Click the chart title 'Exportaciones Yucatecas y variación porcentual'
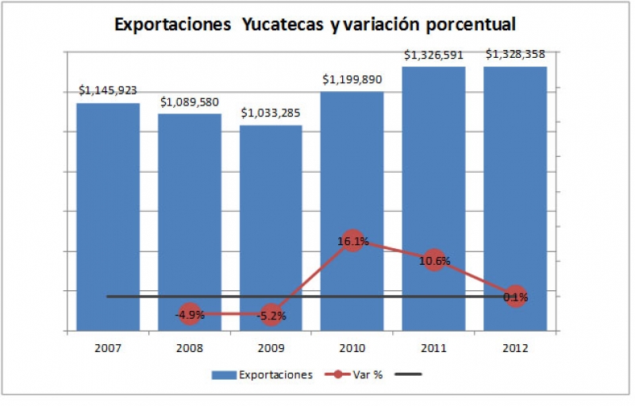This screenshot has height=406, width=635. (x=315, y=25)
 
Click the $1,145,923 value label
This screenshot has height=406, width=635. (x=108, y=91)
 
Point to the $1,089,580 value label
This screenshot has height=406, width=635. (x=190, y=102)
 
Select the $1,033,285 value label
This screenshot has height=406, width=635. (x=271, y=113)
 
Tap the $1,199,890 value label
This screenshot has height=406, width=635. (x=352, y=80)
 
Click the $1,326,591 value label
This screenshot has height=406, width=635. (x=433, y=56)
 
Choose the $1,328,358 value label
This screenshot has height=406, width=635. (x=515, y=56)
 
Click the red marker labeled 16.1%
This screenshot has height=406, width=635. (x=352, y=241)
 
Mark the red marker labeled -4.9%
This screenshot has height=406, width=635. (x=190, y=314)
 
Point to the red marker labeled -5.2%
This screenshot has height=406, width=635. (x=271, y=315)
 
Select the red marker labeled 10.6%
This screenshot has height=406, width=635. (x=433, y=260)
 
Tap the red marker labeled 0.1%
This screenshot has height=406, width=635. (x=515, y=297)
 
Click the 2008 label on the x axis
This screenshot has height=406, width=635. (x=190, y=347)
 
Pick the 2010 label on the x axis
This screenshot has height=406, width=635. (x=352, y=347)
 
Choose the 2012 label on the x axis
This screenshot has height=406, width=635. (x=515, y=347)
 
